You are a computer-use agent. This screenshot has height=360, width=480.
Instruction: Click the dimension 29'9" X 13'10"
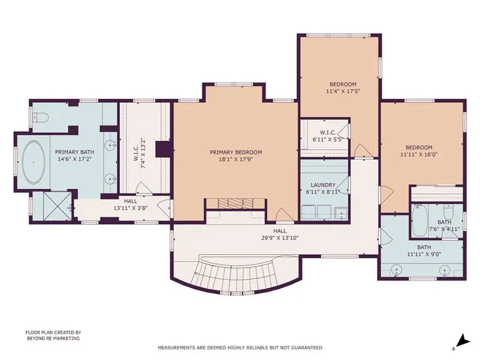pos(280,238)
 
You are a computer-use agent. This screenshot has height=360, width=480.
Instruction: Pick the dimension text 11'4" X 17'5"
pos(343,91)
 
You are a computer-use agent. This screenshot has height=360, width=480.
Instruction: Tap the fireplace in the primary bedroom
pos(230,202)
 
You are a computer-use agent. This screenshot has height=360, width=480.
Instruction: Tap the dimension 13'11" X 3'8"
pos(131,208)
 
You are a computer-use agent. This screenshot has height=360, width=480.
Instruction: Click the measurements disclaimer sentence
pos(239,347)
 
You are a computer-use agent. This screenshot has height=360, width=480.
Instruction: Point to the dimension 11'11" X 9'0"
pos(424,255)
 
